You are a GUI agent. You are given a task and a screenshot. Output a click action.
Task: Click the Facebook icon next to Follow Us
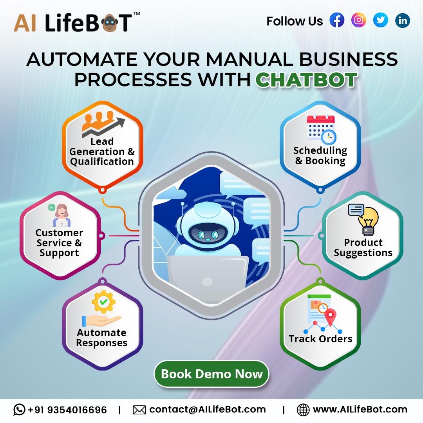point(337,20)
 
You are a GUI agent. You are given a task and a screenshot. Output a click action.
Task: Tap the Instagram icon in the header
point(359,20)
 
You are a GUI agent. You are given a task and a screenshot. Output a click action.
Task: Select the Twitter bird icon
point(381,20)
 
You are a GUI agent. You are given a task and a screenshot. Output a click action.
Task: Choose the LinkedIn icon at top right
point(403,20)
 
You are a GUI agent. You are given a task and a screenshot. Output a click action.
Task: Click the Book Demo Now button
point(211,374)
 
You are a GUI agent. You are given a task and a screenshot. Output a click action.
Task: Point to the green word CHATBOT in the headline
point(306,80)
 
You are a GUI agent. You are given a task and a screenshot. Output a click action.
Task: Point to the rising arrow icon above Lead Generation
point(103,125)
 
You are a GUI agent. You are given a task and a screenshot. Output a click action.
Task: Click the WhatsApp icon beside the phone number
point(19,410)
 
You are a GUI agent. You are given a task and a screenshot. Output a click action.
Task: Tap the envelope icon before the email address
point(139,410)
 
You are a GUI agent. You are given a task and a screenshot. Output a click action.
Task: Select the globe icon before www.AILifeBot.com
point(303,410)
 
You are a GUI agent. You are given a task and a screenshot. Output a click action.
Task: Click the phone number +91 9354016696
point(67,410)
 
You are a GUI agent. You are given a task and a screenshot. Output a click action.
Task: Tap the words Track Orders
point(320,339)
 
